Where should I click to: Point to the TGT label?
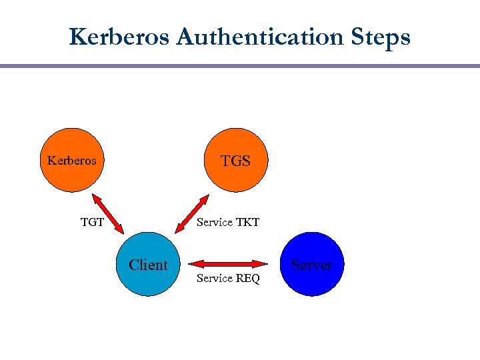92,222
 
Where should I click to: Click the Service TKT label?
228,222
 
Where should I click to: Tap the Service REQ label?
228,278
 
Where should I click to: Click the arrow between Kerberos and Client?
107,213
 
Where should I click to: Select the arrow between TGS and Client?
191,213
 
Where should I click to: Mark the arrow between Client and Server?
229,264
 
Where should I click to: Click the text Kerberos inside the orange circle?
71,161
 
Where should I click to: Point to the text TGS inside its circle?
235,161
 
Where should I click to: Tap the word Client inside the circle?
148,265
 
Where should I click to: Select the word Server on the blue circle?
311,265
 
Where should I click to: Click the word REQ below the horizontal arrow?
247,278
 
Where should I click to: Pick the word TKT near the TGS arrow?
247,222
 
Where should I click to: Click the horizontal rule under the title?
240,66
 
